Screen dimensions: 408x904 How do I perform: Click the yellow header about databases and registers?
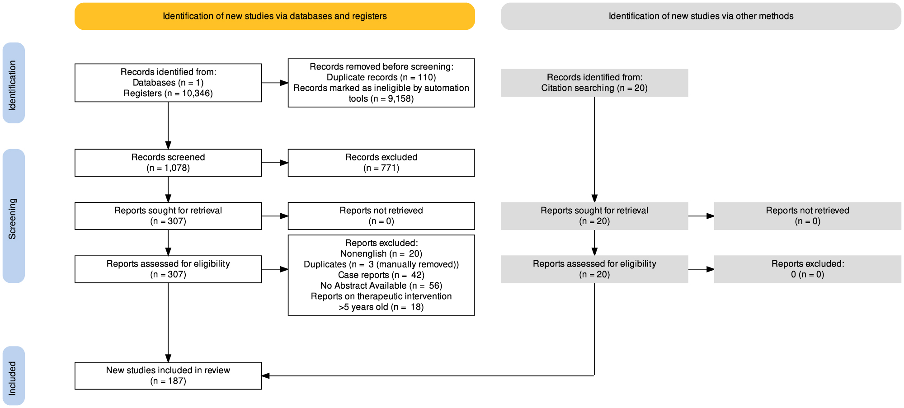[x=274, y=16]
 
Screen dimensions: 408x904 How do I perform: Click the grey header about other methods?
[x=701, y=16]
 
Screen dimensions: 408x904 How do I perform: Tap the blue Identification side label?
[x=14, y=83]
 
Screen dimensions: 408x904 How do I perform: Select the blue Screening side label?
[x=14, y=216]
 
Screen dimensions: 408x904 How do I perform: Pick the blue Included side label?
[x=14, y=376]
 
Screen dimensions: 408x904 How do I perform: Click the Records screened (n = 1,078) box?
[x=168, y=163]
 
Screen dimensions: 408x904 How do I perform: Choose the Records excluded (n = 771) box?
[x=381, y=163]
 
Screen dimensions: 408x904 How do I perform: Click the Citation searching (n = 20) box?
[x=594, y=83]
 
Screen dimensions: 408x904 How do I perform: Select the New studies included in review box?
[x=168, y=375]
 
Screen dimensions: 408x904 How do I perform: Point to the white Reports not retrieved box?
[x=381, y=216]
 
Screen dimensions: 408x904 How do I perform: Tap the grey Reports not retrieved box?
[x=807, y=216]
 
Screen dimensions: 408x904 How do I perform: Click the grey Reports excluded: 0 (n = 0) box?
[x=807, y=269]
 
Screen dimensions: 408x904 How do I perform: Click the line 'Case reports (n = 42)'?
[x=381, y=275]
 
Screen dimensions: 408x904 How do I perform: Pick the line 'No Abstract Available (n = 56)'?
[x=381, y=286]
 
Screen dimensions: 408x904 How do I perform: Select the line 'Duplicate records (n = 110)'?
[x=381, y=77]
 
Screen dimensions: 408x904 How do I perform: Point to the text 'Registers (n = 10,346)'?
[x=168, y=94]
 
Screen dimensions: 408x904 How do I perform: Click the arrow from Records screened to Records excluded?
[x=274, y=163]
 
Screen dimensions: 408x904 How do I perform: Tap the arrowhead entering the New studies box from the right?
[x=266, y=375]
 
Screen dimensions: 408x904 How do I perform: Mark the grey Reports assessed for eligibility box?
[x=594, y=269]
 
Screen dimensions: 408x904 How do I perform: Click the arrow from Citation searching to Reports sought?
[x=594, y=149]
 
